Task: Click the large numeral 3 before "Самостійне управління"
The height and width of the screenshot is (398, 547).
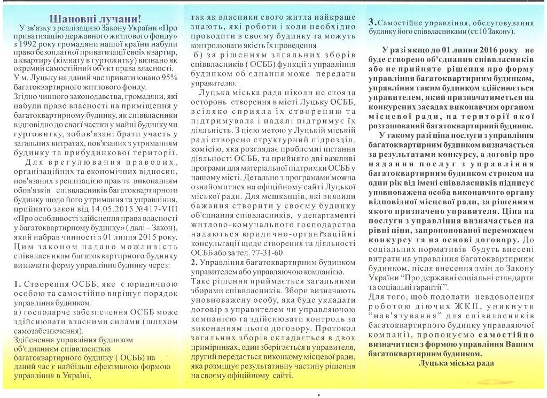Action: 372,22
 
